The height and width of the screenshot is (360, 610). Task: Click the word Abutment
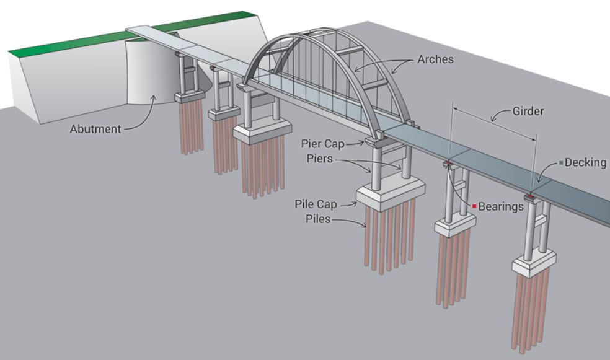pos(96,129)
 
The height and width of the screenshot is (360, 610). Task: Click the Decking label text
pos(586,163)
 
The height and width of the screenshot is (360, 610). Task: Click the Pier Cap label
pos(322,144)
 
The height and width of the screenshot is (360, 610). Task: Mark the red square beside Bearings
pos(474,205)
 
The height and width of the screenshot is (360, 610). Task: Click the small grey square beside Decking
pos(561,163)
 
